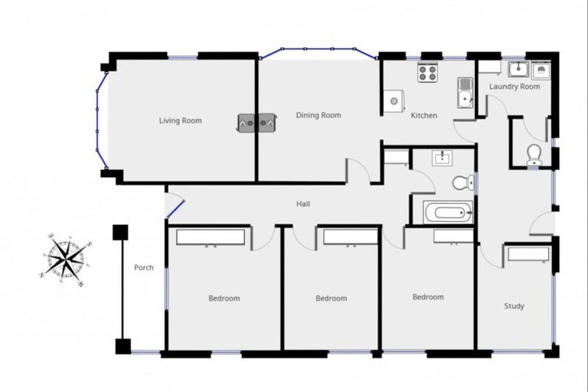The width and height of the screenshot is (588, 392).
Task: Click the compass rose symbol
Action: pos(67,258)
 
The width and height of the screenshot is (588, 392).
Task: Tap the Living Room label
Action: pos(181,120)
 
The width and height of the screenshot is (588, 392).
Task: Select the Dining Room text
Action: pos(318,116)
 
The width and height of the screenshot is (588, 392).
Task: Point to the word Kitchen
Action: pos(424,116)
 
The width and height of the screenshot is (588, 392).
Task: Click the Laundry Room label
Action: pos(514,87)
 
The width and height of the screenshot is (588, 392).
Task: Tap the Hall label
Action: pos(303,204)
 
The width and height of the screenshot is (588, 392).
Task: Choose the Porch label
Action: pos(144,268)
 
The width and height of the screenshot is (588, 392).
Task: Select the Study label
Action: pos(514,306)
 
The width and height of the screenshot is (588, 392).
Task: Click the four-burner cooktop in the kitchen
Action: pos(427,73)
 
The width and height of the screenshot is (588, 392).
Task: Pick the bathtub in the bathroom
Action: pos(448,212)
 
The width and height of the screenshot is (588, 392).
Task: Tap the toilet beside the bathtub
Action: pos(462,182)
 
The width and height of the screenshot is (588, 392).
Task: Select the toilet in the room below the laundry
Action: pos(534,156)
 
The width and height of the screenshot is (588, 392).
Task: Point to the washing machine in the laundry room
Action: pos(541,70)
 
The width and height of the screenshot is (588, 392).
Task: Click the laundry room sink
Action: pos(518,70)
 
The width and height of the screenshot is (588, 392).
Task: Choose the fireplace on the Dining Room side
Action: pos(266,121)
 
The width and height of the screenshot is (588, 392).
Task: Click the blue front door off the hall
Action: pos(175,207)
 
